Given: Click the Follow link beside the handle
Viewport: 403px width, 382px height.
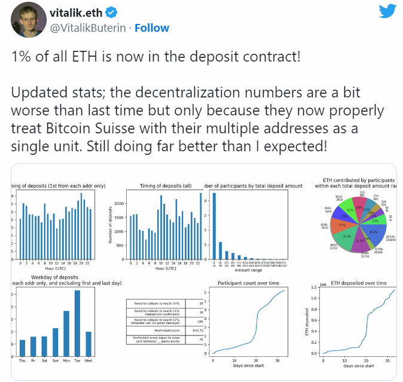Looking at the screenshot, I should click(152, 27).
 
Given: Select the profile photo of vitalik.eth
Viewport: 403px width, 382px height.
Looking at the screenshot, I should click(25, 20).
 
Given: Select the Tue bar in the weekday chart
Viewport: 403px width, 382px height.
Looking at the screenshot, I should click(77, 323).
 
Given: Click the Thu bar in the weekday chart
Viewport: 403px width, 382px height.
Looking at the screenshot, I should click(23, 347).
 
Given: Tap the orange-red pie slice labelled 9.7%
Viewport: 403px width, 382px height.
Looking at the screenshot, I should click(341, 225).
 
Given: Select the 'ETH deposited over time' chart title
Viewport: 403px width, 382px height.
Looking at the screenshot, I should click(359, 283).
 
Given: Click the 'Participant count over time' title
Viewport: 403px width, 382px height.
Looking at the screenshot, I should click(249, 283).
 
